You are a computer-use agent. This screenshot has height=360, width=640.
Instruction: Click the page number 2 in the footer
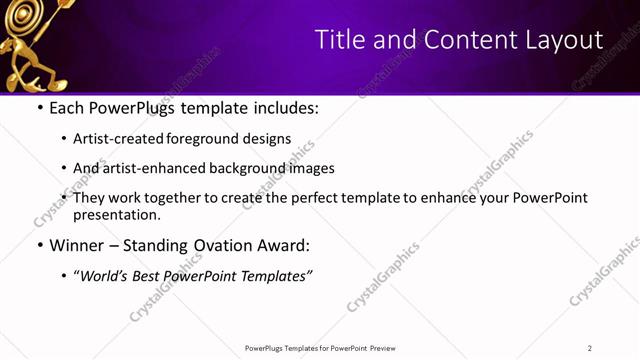(x=590, y=348)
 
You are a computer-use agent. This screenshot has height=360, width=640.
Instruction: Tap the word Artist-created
(x=115, y=139)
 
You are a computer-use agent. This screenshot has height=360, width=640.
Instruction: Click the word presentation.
(x=117, y=214)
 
